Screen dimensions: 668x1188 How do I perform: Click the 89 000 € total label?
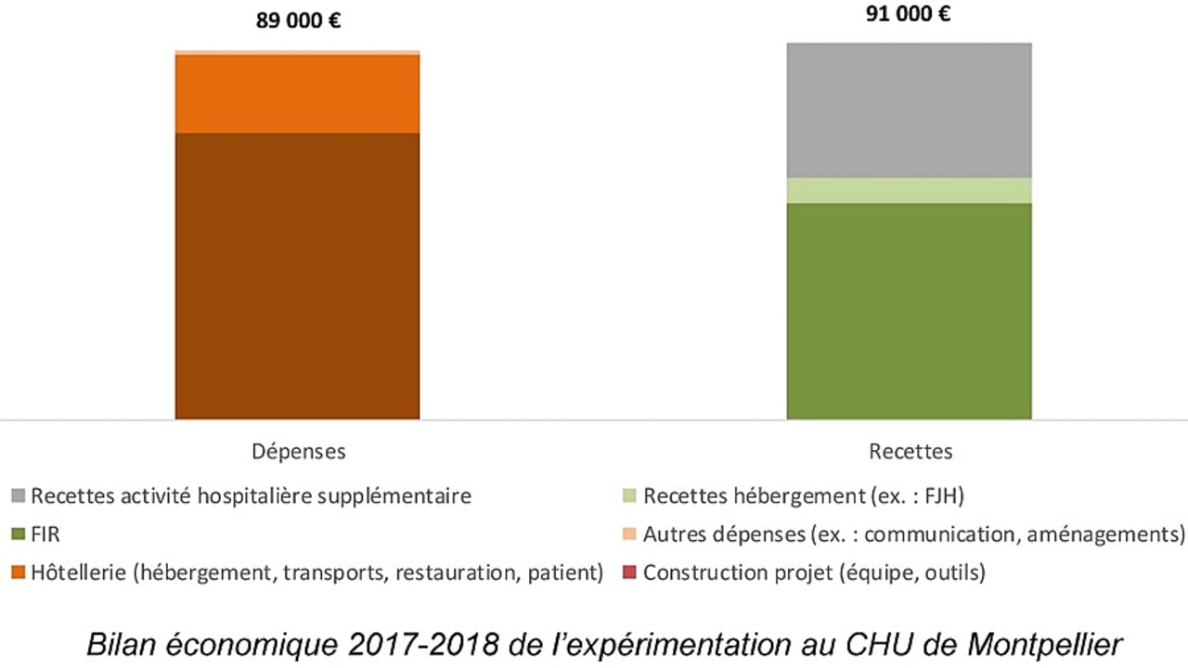pos(298,19)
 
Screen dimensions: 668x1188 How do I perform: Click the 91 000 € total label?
pos(909,14)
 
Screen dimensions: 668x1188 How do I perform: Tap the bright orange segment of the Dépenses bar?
pos(297,94)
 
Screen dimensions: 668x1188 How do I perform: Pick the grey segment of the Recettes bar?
pos(909,109)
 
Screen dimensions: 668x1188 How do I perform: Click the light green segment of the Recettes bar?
pos(909,190)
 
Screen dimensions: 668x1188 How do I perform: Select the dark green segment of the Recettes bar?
pos(909,311)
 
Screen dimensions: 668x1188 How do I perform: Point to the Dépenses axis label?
pos(299,452)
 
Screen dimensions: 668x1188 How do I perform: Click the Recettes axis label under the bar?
pos(910,452)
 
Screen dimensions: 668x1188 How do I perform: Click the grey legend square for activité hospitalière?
pos(19,496)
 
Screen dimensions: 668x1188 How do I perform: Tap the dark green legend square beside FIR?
pos(19,535)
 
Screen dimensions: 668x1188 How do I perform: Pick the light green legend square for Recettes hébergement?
pos(631,496)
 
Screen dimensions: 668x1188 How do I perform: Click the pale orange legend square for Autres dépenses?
pos(631,535)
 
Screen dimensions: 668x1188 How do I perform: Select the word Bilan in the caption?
pos(114,644)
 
